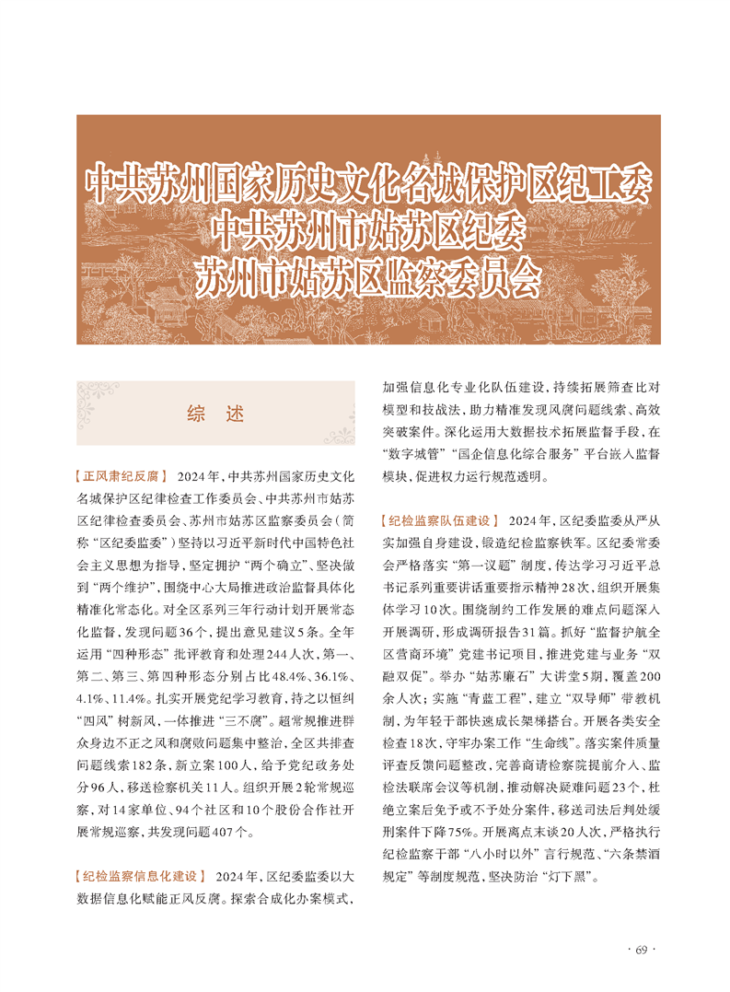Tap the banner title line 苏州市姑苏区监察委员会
[x=365, y=278]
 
